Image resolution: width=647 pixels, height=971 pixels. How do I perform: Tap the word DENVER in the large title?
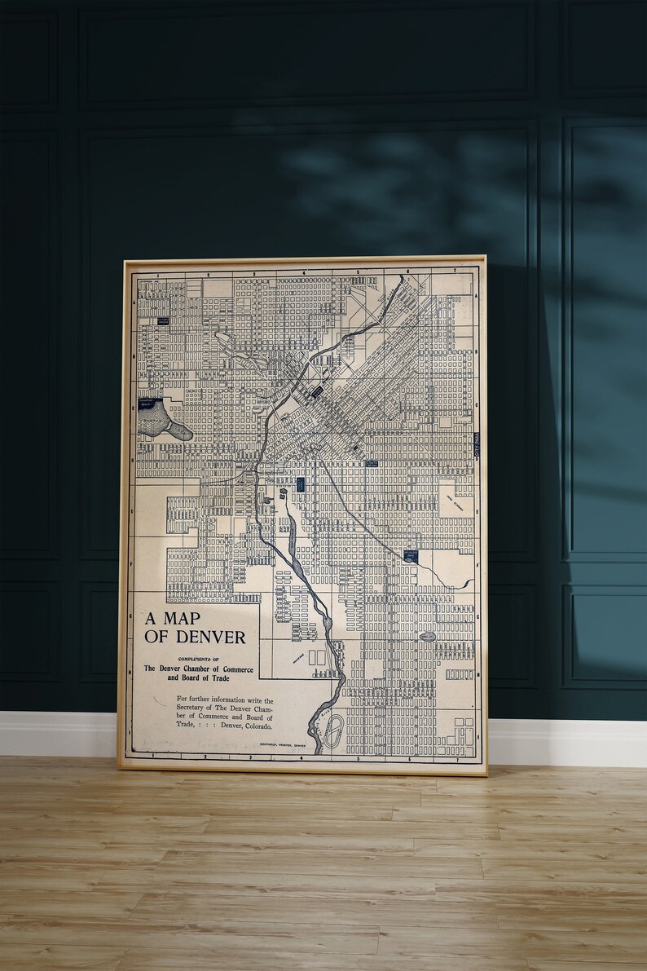(x=209, y=638)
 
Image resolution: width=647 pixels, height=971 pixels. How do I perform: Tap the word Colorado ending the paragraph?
(x=252, y=726)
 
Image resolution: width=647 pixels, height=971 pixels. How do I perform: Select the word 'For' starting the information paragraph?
(x=183, y=700)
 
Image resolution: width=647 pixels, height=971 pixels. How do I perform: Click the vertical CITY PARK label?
(x=478, y=448)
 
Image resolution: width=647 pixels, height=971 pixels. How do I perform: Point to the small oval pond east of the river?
(x=427, y=637)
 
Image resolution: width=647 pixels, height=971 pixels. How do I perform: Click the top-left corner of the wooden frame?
(x=123, y=261)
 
